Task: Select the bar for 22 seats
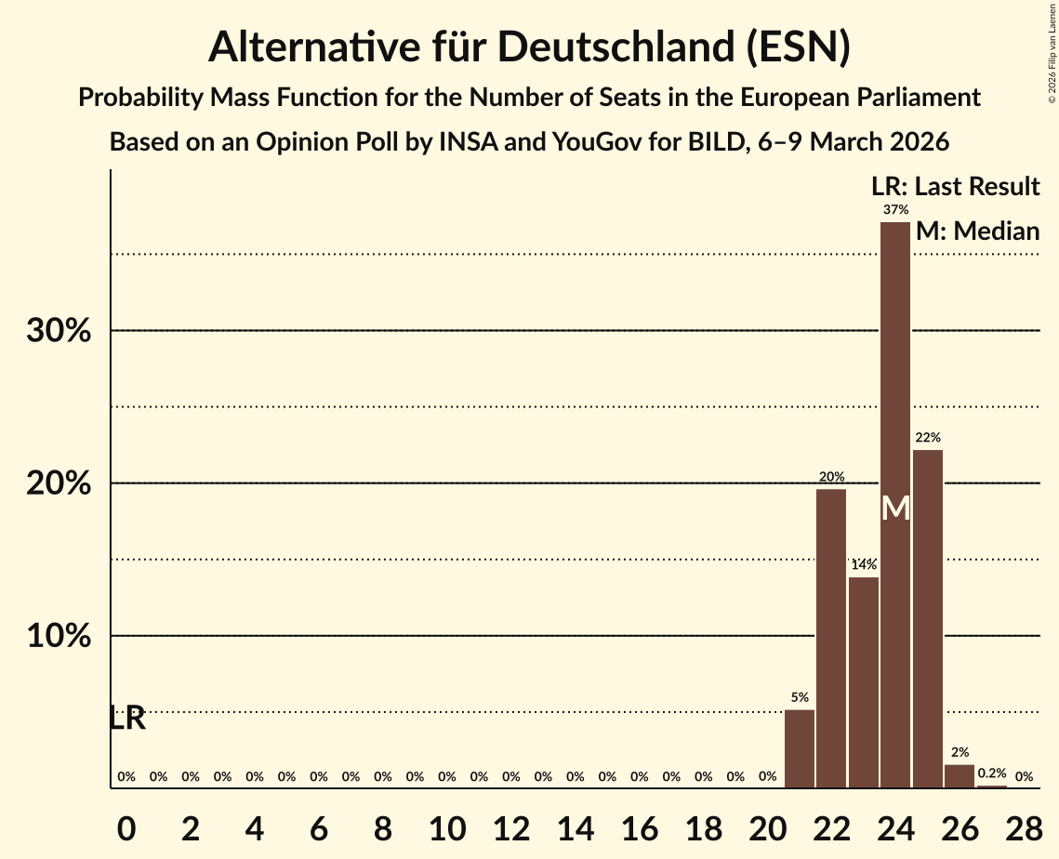point(831,638)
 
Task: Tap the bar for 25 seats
point(927,618)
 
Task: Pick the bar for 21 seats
point(800,748)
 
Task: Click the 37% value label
point(895,209)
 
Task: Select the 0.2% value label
point(991,773)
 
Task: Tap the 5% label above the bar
point(800,697)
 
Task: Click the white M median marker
point(895,508)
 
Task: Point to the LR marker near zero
point(126,719)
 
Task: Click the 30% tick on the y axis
point(59,331)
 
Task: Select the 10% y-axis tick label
point(59,637)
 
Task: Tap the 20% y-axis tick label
point(59,484)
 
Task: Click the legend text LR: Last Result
point(956,186)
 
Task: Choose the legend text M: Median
point(977,231)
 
